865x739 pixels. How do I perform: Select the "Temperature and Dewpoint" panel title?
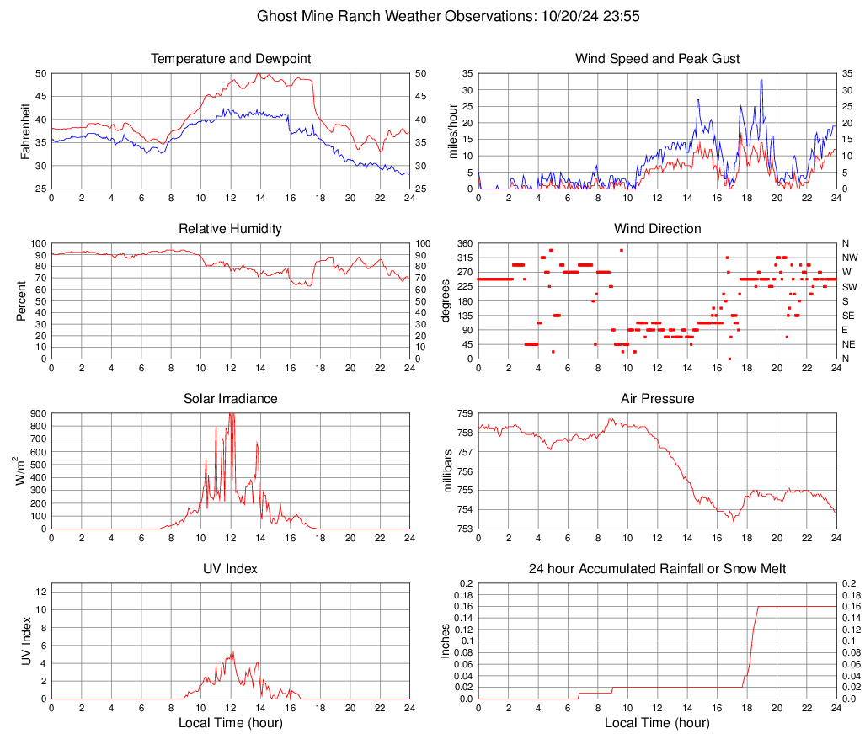tap(231, 59)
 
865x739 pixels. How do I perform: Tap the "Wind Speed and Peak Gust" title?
tap(657, 59)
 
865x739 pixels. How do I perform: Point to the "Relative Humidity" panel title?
tap(231, 229)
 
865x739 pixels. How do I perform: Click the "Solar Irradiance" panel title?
tap(231, 399)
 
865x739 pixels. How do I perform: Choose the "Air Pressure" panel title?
tap(657, 399)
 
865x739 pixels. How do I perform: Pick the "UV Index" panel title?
tap(231, 569)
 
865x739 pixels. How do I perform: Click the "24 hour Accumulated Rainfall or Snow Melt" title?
tap(657, 569)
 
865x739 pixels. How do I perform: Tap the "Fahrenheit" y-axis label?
tap(26, 131)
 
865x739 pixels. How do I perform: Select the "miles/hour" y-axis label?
tap(452, 131)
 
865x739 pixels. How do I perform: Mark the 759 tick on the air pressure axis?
tap(464, 413)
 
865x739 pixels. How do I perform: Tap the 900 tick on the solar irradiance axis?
tap(38, 413)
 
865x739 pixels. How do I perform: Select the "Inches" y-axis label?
tap(447, 641)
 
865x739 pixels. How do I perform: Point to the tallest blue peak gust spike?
tap(761, 81)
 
